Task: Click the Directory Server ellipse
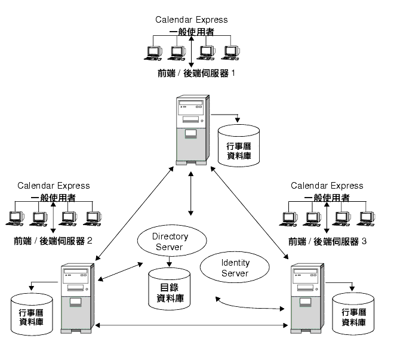pos(172,241)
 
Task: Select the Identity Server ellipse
pos(235,267)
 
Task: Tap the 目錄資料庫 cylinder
pos(170,289)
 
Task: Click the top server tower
pos(193,130)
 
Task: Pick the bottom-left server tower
pos(78,299)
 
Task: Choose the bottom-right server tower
pos(307,299)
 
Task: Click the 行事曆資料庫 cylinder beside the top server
pos(239,146)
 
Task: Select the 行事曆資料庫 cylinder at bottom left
pos(32,315)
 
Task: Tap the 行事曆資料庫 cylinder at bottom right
pos(353,314)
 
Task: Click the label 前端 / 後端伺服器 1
pos(196,73)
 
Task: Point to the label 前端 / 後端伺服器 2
pos(53,241)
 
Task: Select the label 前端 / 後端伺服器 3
pos(327,241)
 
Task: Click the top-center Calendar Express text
pos(191,20)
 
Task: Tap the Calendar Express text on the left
pos(54,186)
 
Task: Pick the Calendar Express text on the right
pos(327,186)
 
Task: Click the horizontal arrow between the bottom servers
pos(191,325)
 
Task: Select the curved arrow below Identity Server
pos(249,307)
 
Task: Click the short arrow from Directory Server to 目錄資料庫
pos(169,261)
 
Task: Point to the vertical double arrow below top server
pos(191,193)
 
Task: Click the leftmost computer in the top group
pos(153,53)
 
